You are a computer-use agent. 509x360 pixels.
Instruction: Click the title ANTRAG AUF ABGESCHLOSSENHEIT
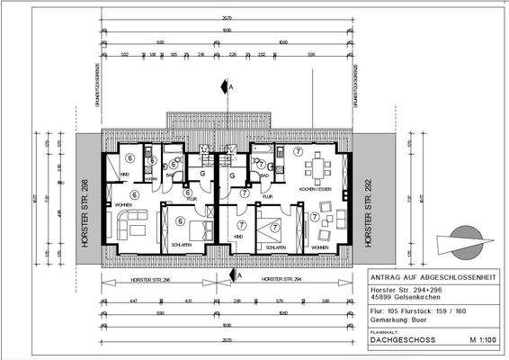pos(434,277)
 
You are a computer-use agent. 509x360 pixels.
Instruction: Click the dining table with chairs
pos(317,169)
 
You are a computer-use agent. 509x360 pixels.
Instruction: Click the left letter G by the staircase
pos(204,174)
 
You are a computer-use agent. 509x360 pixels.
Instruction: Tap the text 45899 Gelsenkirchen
pos(404,298)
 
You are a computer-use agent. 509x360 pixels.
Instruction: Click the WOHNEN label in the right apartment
pos(318,246)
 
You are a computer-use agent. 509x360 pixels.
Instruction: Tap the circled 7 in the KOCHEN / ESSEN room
pos(299,150)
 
